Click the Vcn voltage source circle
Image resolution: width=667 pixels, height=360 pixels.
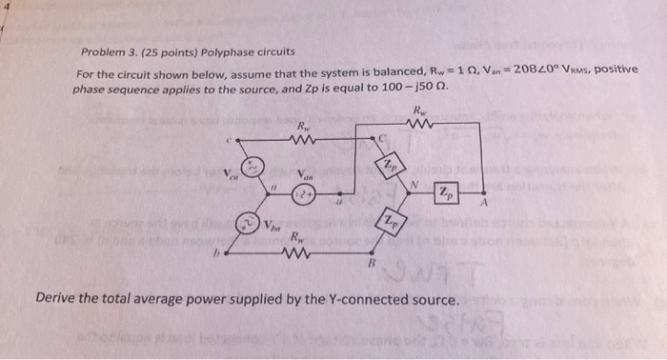point(255,166)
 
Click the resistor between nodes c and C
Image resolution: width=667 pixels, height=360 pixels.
point(304,141)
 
